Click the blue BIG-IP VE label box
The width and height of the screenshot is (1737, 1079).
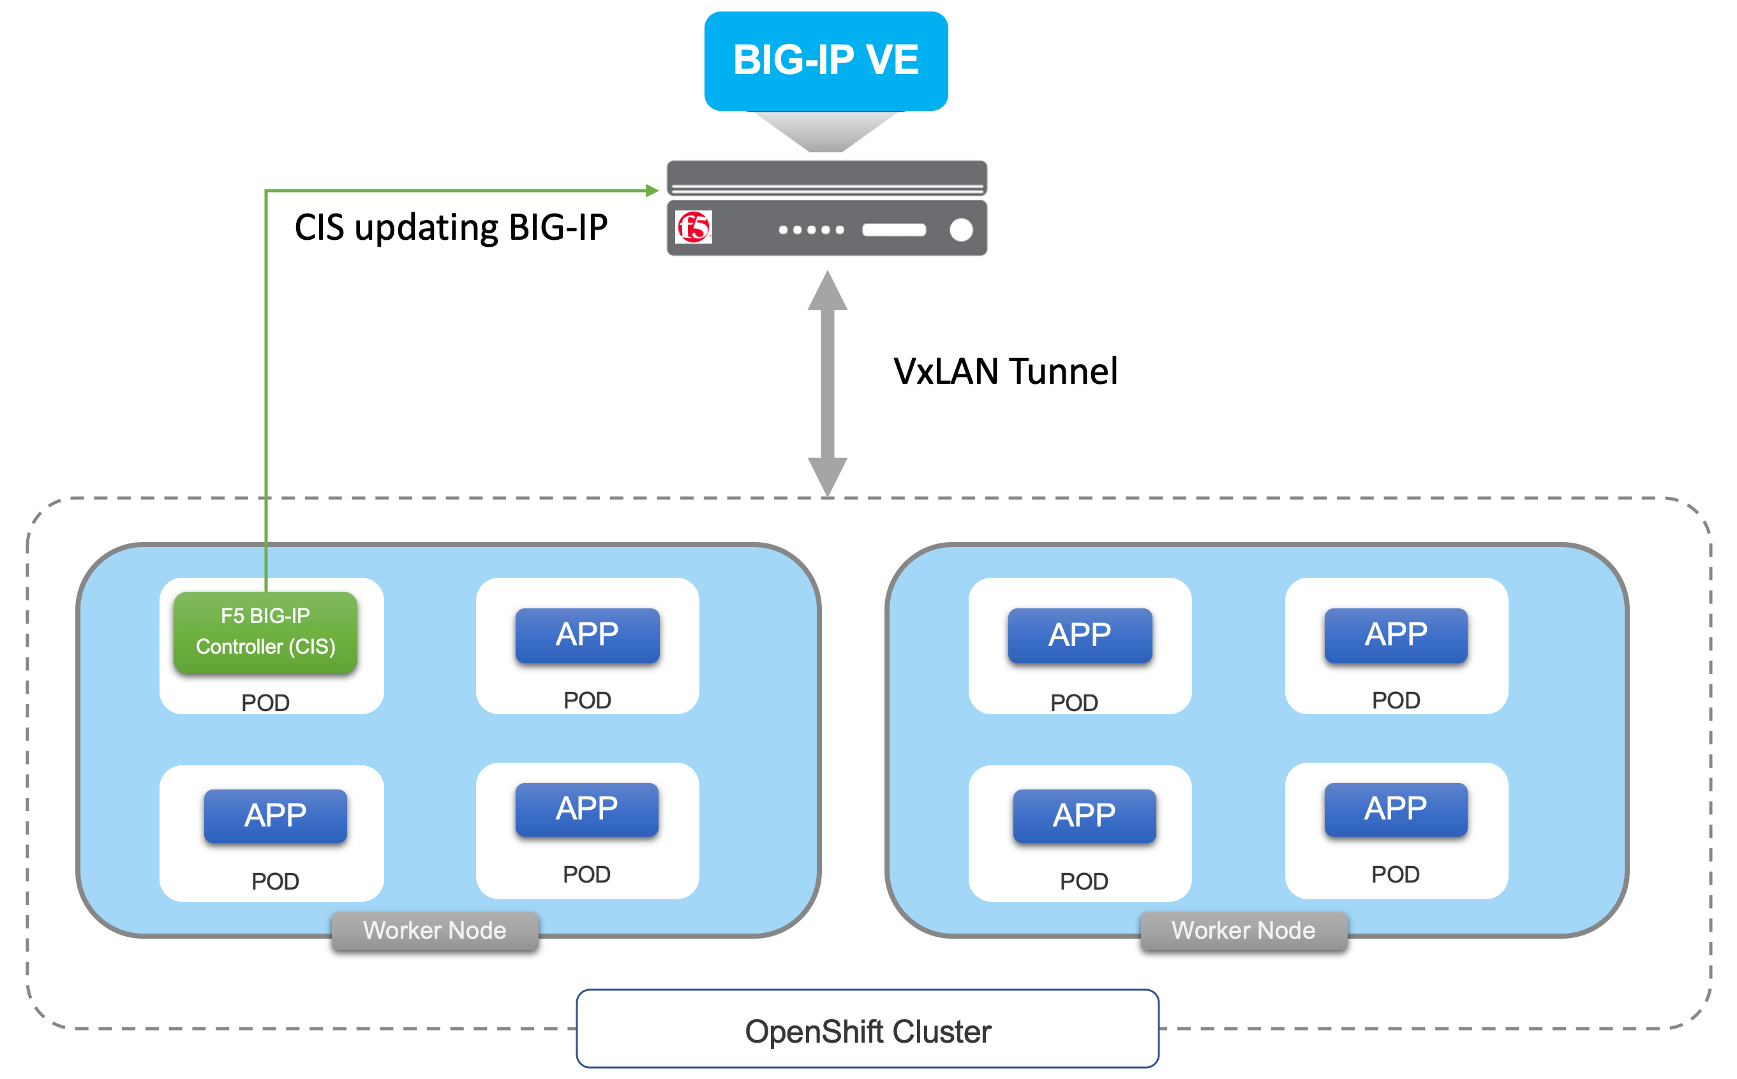(825, 61)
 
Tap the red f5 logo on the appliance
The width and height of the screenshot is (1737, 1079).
(693, 228)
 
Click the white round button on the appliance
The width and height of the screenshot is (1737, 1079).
(961, 230)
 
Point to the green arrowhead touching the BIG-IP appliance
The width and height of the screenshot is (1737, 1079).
(652, 191)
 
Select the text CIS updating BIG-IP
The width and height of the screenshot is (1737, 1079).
(451, 228)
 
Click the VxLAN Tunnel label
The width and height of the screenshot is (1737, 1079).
(1005, 372)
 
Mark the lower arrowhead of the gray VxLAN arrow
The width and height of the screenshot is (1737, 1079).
(828, 475)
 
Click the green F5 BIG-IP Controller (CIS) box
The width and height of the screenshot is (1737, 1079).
(265, 631)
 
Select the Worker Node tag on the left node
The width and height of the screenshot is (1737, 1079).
(435, 930)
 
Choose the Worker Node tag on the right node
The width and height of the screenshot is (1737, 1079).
(1243, 930)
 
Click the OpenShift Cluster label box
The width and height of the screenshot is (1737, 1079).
(867, 1031)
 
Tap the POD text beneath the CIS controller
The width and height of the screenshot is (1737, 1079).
(265, 703)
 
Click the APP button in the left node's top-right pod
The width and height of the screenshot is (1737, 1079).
(587, 635)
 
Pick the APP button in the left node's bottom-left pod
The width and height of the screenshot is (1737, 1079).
(276, 816)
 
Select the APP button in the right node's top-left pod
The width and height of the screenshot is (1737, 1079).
(1080, 635)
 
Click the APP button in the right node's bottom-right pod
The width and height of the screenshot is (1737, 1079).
(1396, 809)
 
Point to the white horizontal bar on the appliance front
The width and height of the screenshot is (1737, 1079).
(894, 230)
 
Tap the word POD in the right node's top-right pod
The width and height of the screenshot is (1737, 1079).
(1396, 700)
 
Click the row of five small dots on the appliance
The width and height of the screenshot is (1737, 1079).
(812, 230)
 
